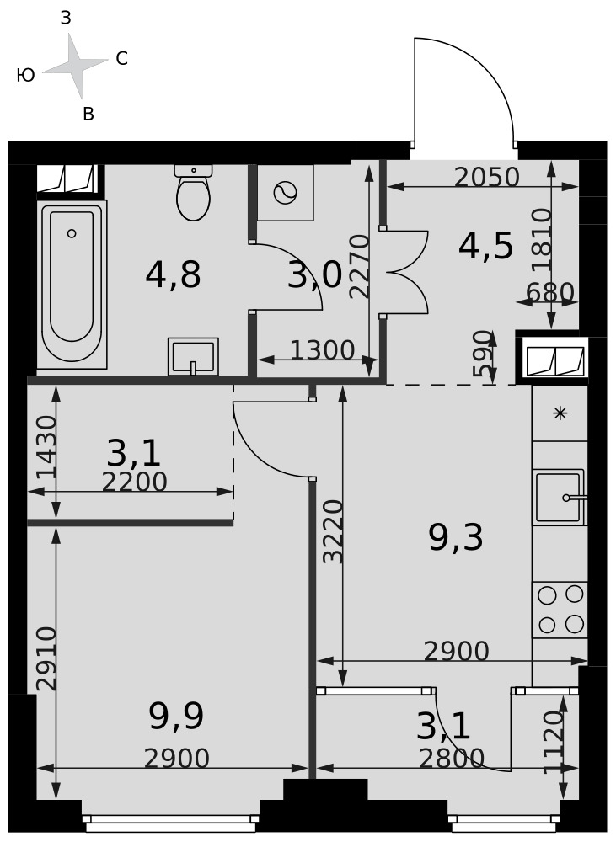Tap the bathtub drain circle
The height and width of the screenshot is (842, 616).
pos(72,233)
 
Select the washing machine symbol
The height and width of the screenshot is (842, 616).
pos(285,193)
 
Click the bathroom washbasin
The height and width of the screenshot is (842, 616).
pos(193,356)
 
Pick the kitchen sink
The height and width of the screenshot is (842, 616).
pos(560,498)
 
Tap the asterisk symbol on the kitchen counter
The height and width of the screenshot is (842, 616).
pos(560,413)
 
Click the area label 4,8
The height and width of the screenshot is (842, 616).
pos(173,274)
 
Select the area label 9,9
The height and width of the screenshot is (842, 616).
pos(176,717)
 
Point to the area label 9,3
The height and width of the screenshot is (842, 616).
pos(456,537)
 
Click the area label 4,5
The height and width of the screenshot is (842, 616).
pos(486,247)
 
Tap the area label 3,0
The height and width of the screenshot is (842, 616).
pos(314,275)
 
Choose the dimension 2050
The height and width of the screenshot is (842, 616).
pos(487,177)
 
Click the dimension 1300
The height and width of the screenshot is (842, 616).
pos(323,350)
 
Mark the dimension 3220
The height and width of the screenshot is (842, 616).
pos(333,531)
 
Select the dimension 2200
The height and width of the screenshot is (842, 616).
pos(134,482)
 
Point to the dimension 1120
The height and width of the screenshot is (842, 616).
pos(554,743)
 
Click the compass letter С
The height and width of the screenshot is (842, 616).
pos(122,59)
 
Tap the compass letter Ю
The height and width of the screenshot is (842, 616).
pos(26,75)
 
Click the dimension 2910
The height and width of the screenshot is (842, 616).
pos(46,658)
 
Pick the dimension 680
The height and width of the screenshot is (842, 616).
pos(550,293)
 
